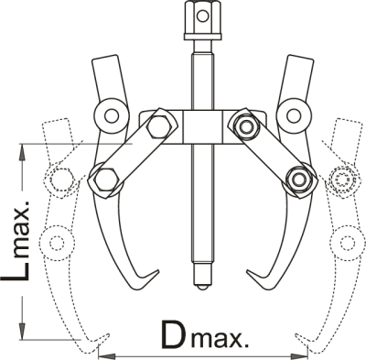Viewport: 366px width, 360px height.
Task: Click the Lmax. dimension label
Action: [16, 240]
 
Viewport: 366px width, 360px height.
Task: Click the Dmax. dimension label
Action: [204, 335]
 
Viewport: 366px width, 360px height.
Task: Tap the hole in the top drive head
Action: [201, 16]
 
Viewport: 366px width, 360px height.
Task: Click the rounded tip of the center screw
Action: [202, 287]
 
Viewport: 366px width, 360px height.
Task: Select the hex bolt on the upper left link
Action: [157, 126]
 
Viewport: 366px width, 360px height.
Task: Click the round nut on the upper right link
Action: [245, 126]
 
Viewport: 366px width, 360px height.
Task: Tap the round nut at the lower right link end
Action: [298, 180]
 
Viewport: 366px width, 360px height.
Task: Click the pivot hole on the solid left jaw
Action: [111, 116]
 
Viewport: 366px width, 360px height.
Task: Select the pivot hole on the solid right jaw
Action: [293, 116]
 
